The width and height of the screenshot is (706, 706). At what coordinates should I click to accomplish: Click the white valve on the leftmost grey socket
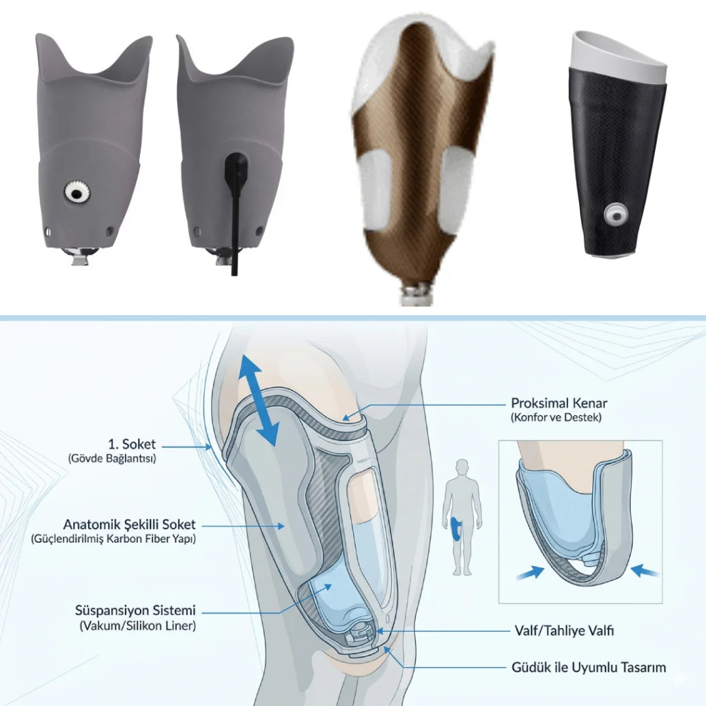pos(77,193)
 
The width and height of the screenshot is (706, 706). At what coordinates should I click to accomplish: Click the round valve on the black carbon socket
pos(616,216)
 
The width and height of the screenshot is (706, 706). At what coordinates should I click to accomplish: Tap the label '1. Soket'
pos(132,444)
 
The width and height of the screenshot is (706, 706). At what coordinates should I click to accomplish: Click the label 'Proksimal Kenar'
pos(558,403)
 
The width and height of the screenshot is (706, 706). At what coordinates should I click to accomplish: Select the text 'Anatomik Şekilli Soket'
pos(130,524)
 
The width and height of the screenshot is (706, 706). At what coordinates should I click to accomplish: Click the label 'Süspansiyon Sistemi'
pos(136,611)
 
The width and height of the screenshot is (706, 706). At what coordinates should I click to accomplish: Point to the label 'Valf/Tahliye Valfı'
pos(564,630)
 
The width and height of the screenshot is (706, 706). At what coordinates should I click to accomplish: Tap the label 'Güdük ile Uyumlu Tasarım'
pos(589,667)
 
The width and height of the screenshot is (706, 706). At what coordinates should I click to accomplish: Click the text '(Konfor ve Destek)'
pos(556,417)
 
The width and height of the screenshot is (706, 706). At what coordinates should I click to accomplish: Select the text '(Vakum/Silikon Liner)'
pos(138,625)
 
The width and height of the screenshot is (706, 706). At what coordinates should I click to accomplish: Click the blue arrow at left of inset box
pos(530,573)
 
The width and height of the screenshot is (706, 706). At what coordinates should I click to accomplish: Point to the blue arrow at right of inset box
pos(645,572)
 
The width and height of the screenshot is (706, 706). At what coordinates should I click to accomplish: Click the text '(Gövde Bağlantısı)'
pos(112,458)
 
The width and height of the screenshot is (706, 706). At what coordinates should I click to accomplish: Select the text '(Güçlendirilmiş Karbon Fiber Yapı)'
pos(114,539)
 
